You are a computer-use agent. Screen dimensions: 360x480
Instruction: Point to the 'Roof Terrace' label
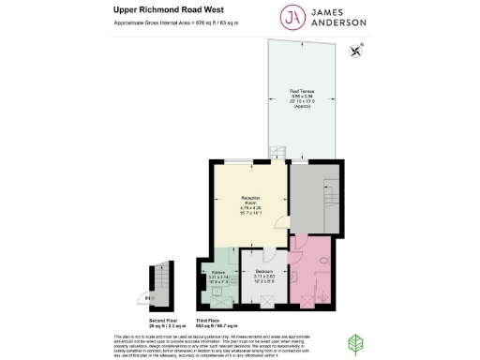(x=301, y=92)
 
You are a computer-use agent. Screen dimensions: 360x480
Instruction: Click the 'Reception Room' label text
(x=250, y=199)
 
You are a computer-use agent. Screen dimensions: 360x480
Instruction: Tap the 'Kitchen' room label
(x=218, y=271)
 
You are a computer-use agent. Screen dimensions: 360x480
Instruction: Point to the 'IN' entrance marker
(x=148, y=299)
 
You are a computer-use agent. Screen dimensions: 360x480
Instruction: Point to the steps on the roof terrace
(x=277, y=151)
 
